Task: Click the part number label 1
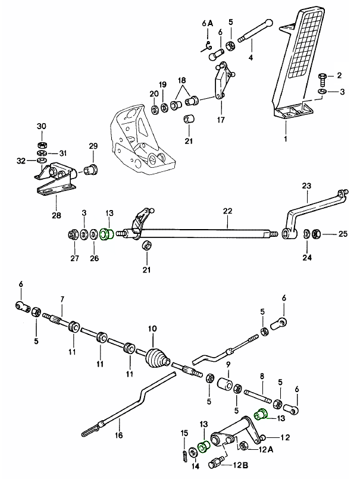pos(285,139)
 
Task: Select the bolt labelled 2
pos(322,77)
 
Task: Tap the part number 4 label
pos(251,58)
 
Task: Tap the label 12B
pos(242,465)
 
